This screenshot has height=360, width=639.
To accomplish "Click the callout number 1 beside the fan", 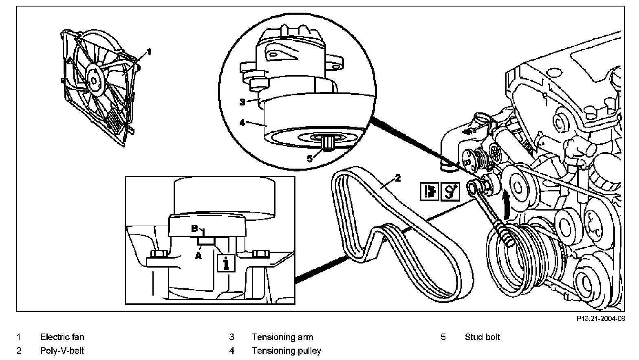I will click(149, 52).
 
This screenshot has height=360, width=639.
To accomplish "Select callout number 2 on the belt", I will click(398, 178).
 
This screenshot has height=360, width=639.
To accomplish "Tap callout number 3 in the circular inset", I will click(242, 102).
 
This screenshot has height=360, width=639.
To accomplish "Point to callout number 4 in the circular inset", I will click(243, 122).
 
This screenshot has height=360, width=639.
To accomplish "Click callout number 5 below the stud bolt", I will click(310, 158).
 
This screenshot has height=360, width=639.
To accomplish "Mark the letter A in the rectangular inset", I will click(198, 255).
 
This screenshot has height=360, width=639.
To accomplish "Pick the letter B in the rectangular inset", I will click(195, 228).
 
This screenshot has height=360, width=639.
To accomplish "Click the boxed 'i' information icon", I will click(226, 263).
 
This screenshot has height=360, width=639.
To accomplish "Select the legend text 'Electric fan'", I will click(62, 337).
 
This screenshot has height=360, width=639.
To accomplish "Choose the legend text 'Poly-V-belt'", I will click(62, 350).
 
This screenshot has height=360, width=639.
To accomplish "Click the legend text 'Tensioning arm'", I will click(282, 337).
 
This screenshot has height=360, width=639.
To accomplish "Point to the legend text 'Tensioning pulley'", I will click(286, 350).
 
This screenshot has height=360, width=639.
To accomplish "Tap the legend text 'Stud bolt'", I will click(482, 337).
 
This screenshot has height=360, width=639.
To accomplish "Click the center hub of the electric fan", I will click(94, 80).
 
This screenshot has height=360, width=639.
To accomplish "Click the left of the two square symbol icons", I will click(429, 191).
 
